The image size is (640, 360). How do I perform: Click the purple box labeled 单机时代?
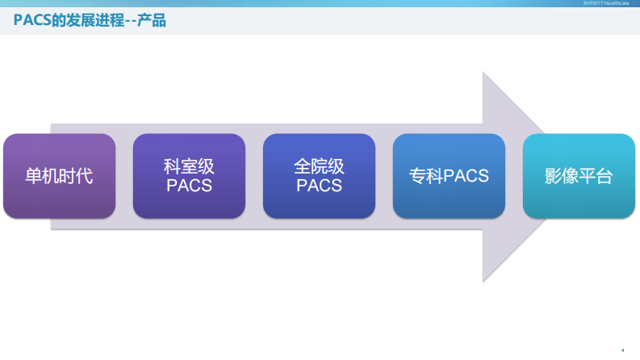point(59,176)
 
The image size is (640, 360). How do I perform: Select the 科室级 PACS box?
point(189,176)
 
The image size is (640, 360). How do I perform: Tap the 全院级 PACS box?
point(319,176)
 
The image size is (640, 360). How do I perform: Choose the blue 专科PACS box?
point(449,176)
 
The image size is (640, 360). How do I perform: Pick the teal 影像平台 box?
point(579,176)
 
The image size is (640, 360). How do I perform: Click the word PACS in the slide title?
point(32,21)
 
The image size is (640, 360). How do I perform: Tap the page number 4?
point(622,350)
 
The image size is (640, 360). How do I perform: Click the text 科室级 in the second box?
point(189,167)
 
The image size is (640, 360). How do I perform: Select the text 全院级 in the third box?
point(319,167)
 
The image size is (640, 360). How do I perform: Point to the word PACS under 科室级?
point(189,186)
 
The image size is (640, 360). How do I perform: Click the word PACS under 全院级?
point(319,186)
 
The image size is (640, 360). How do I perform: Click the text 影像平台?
point(579,176)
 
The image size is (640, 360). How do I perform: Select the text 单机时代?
point(59,176)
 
